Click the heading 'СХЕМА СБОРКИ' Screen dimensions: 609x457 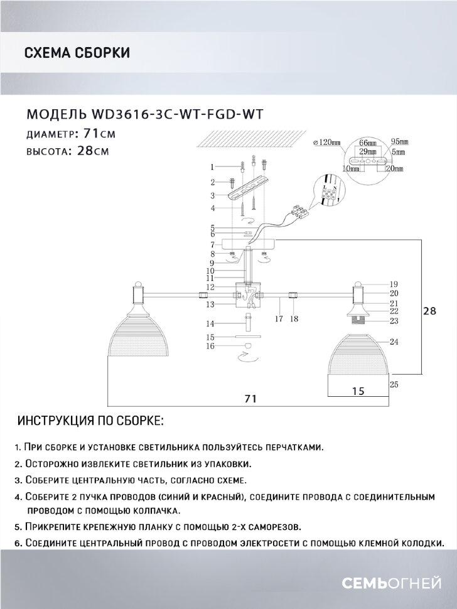coord(77,53)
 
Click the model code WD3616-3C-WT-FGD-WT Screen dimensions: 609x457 coord(176,114)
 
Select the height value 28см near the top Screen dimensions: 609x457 coord(92,151)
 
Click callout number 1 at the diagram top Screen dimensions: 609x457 coord(212,167)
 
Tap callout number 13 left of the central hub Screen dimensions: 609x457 coord(213,304)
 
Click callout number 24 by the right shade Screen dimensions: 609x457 coord(394,342)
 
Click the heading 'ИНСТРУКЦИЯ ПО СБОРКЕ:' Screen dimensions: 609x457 coord(91,419)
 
